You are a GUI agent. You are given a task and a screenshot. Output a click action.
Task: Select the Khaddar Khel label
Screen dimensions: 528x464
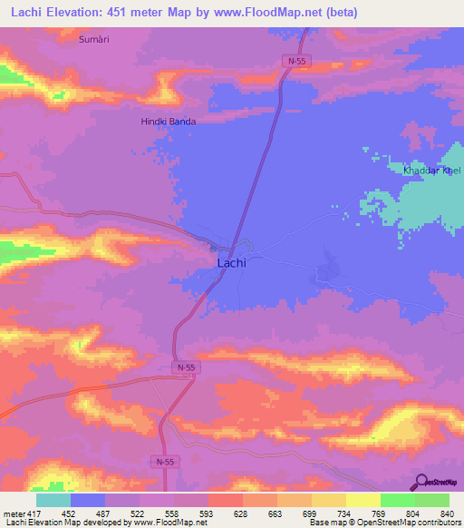432,171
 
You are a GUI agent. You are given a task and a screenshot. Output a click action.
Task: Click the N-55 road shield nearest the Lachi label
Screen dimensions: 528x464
185,367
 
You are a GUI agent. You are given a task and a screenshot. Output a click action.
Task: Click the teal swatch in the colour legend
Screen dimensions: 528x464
53,500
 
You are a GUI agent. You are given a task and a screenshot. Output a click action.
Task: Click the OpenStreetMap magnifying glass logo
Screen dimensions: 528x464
421,482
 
